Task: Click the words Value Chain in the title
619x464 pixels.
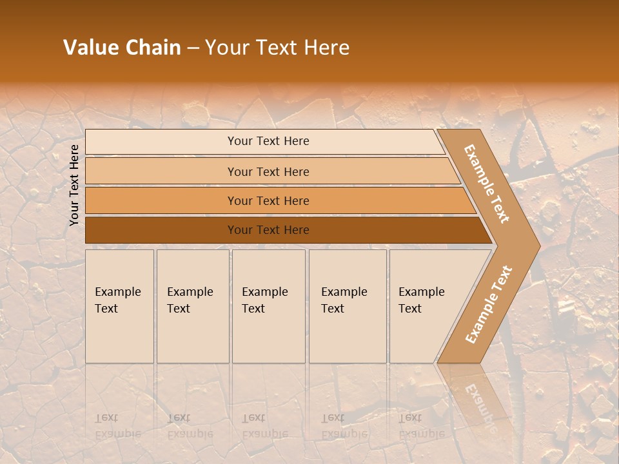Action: pyautogui.click(x=122, y=48)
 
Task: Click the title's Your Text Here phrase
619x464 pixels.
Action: pyautogui.click(x=277, y=48)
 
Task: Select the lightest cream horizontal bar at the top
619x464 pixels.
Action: pyautogui.click(x=161, y=142)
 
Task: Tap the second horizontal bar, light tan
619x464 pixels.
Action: pyautogui.click(x=161, y=171)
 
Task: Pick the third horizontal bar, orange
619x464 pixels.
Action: pyautogui.click(x=161, y=200)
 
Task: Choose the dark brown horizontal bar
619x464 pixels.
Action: pyautogui.click(x=161, y=230)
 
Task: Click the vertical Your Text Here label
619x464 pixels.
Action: pyautogui.click(x=74, y=185)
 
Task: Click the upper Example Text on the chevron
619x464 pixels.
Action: pyautogui.click(x=487, y=184)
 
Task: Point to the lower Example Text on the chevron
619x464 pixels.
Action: pyautogui.click(x=489, y=304)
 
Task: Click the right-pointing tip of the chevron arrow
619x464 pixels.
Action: pyautogui.click(x=536, y=245)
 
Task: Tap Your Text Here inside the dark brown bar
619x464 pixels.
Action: pyautogui.click(x=268, y=230)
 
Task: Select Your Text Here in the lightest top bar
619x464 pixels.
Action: pyautogui.click(x=268, y=141)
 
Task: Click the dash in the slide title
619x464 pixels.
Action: pyautogui.click(x=193, y=48)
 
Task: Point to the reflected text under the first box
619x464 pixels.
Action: pyautogui.click(x=117, y=426)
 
